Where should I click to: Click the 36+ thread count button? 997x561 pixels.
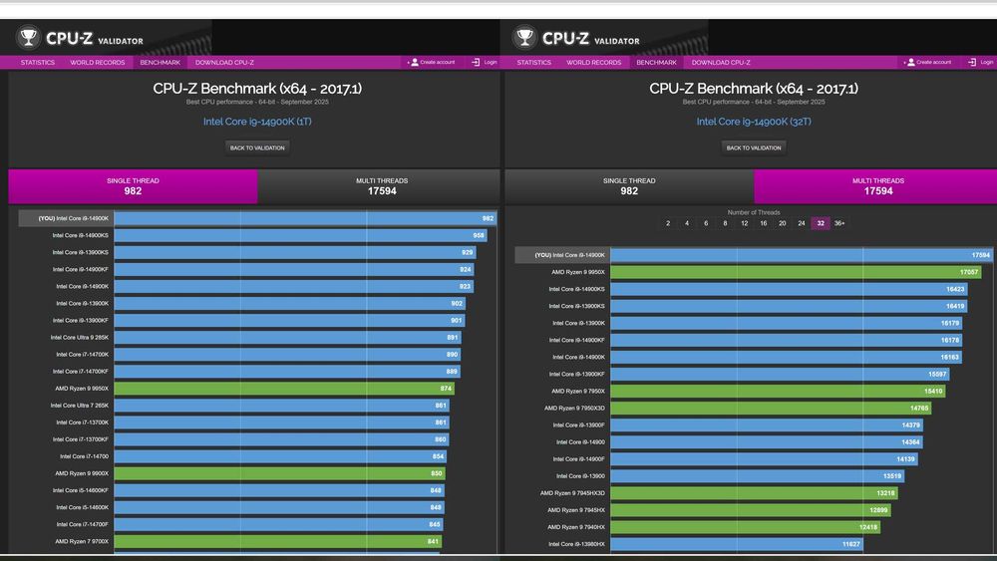[839, 223]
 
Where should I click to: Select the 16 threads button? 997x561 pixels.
[763, 223]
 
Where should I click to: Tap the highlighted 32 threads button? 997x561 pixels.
[821, 223]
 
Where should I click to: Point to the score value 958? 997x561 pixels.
[479, 236]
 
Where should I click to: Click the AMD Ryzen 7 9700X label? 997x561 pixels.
[82, 541]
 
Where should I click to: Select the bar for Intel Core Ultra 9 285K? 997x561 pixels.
[287, 338]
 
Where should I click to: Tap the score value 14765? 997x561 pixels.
[919, 409]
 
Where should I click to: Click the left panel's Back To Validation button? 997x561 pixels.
[257, 147]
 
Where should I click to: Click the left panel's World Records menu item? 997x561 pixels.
[98, 63]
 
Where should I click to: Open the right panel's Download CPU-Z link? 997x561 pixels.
[721, 63]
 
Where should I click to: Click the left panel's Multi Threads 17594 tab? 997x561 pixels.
[381, 186]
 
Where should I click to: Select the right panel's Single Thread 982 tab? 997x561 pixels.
[629, 186]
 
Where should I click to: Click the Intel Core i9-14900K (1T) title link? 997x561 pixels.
[257, 122]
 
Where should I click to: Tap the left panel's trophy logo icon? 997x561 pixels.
[28, 39]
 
